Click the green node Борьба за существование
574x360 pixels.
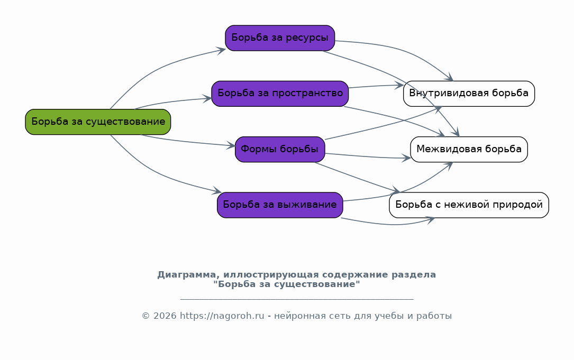pos(98,122)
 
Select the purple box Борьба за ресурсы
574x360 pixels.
pos(280,38)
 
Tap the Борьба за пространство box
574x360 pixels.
pos(280,94)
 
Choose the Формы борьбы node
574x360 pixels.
pos(280,149)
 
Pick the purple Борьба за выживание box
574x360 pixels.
pos(280,205)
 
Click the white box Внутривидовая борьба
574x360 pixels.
pos(469,94)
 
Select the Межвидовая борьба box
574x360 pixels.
pos(469,149)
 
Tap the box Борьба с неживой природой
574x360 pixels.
pos(469,205)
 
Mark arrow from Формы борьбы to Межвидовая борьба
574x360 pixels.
pos(368,156)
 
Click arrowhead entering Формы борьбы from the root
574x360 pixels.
pos(231,145)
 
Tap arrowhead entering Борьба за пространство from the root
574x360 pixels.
pos(207,98)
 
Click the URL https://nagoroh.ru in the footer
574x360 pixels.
pos(222,316)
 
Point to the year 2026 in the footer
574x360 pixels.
pos(165,316)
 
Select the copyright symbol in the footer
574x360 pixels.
pos(145,316)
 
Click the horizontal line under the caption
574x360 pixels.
pos(297,299)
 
